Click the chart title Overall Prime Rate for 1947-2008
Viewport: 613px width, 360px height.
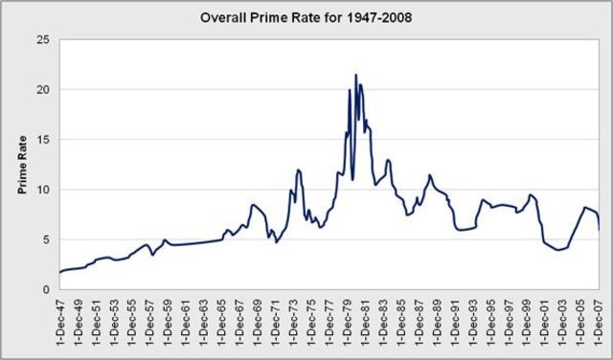pyautogui.click(x=307, y=17)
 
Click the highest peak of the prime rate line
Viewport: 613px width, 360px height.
pyautogui.click(x=356, y=75)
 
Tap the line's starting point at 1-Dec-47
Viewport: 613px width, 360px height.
pyautogui.click(x=59, y=273)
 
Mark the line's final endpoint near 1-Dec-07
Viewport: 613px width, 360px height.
pyautogui.click(x=600, y=230)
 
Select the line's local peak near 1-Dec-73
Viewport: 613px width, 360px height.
pyautogui.click(x=299, y=170)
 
